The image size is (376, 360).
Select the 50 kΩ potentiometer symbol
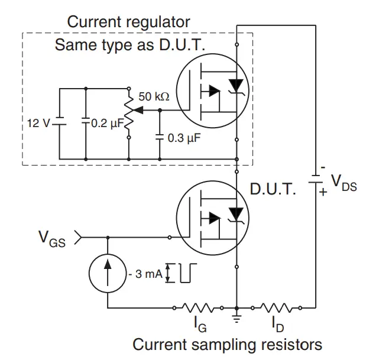[129, 111]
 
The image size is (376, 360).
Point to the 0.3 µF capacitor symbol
[160, 137]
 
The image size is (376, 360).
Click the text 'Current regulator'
[129, 22]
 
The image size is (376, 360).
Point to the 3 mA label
[142, 274]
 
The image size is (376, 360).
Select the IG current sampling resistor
[199, 307]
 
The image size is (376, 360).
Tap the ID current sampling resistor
[276, 307]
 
